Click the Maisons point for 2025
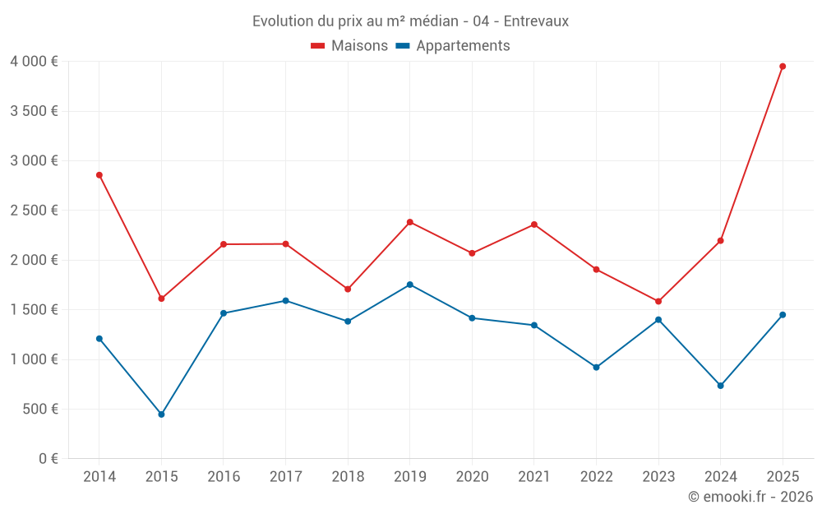[783, 67]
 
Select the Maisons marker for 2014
[99, 175]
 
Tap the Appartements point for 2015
[161, 414]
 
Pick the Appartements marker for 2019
[410, 285]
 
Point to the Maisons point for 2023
[658, 302]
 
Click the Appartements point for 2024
[721, 386]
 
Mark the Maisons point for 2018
[348, 289]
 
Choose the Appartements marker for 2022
[597, 368]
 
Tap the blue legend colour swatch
[403, 46]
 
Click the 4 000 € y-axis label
[34, 62]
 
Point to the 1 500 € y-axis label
[34, 310]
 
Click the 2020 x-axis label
[472, 477]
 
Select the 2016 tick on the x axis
[224, 477]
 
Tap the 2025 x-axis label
[783, 477]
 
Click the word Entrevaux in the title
[535, 21]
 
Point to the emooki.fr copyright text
[750, 497]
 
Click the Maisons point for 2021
[534, 225]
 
